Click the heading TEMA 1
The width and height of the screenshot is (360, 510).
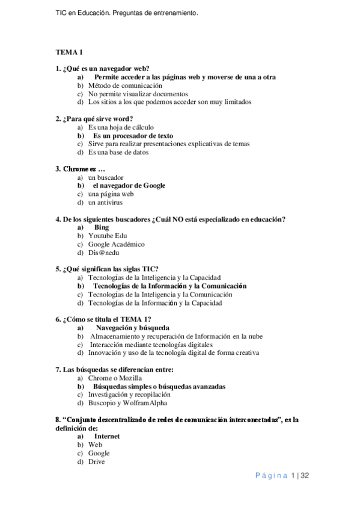point(69,52)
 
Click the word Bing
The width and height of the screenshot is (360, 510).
point(102,228)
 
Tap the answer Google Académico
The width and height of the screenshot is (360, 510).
point(116,245)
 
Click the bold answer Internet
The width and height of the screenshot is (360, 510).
point(106,436)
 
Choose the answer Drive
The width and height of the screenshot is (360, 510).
point(96,461)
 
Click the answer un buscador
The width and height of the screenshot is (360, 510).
point(105,178)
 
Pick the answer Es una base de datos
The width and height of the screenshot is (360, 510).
point(119,152)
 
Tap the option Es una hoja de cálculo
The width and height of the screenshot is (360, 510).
point(120,127)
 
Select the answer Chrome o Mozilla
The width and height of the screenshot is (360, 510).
point(114,378)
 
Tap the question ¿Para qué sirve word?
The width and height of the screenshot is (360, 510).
point(94,118)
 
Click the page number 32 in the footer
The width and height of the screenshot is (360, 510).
point(304,476)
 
